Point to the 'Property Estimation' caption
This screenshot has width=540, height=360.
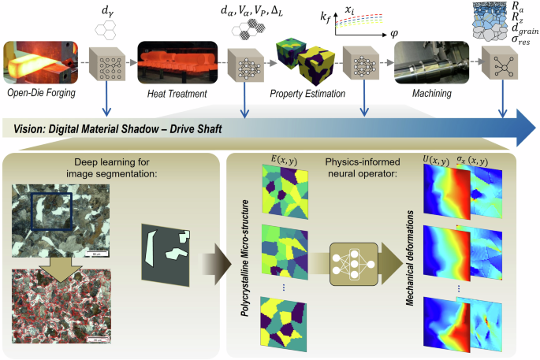click(x=304, y=94)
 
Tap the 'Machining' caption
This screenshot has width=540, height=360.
click(x=430, y=94)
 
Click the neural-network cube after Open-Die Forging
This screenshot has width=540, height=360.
click(x=105, y=63)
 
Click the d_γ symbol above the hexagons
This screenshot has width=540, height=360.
click(x=105, y=10)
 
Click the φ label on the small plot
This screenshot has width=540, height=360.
click(x=393, y=36)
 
